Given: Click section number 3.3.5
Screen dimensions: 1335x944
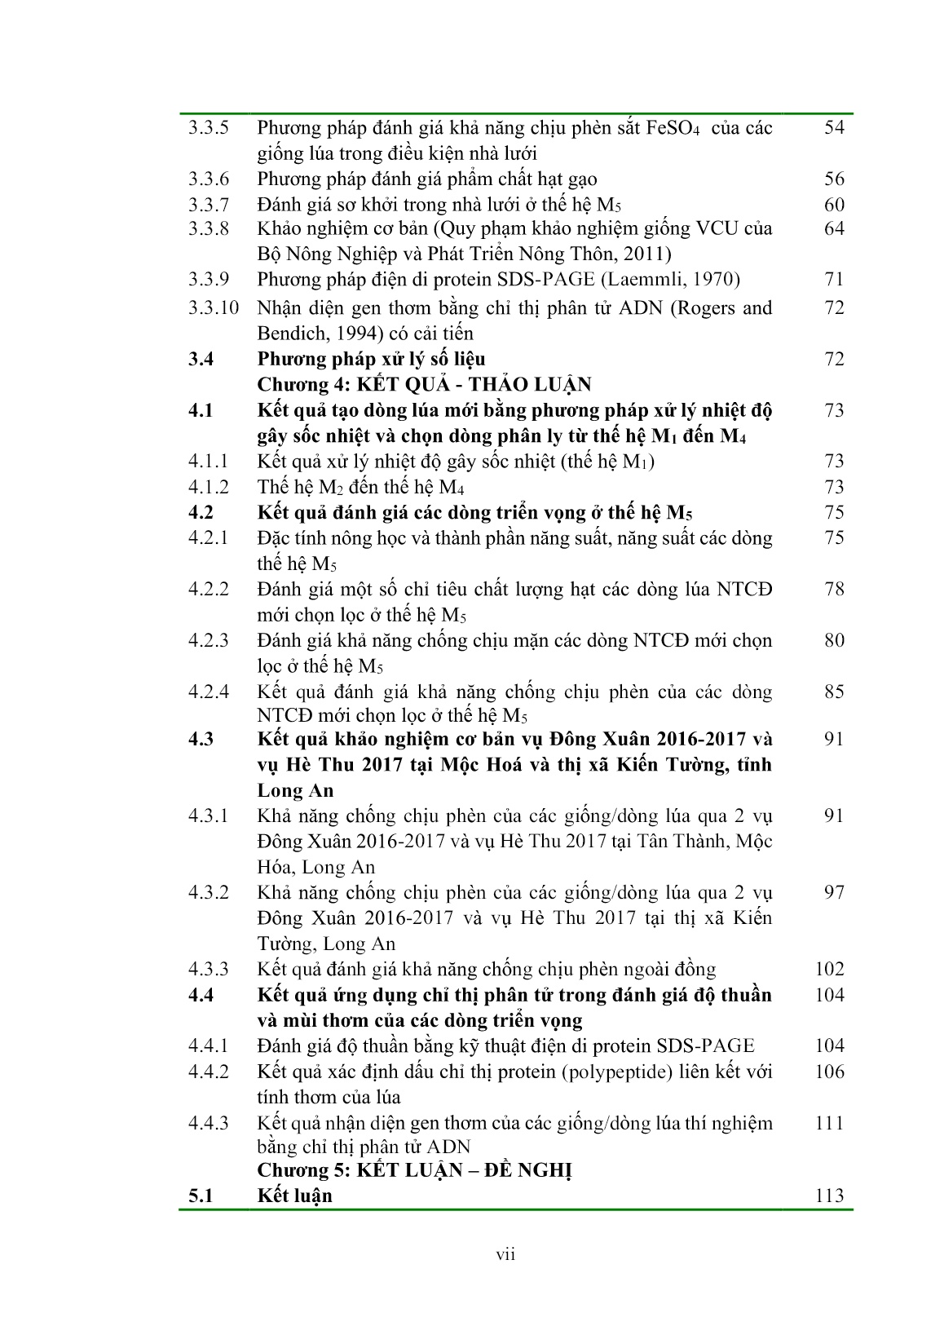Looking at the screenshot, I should pos(208,128).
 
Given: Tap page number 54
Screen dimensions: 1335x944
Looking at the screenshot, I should pos(834,128).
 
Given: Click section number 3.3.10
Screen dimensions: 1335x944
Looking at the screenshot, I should pos(214,308).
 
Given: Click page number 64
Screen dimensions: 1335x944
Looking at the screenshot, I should pos(834,228).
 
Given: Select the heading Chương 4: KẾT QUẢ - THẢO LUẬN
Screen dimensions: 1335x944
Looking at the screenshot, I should pos(424,385).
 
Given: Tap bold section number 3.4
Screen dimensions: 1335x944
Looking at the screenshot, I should pos(201,359).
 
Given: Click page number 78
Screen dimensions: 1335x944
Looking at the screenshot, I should pos(834,589).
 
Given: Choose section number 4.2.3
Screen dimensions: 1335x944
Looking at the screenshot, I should pos(208,640).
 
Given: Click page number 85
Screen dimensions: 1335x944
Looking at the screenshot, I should pos(834,692).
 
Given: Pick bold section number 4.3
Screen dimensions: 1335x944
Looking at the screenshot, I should pos(201,739).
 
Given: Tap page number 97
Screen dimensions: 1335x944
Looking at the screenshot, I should pos(834,892).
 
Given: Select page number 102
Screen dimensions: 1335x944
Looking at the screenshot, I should pos(829,969).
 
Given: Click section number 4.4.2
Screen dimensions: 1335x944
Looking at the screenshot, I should pos(208,1072).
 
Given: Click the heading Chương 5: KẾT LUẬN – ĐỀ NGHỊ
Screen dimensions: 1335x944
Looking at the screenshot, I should pos(415,1170).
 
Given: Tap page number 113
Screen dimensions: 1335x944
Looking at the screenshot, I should pos(829,1196).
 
